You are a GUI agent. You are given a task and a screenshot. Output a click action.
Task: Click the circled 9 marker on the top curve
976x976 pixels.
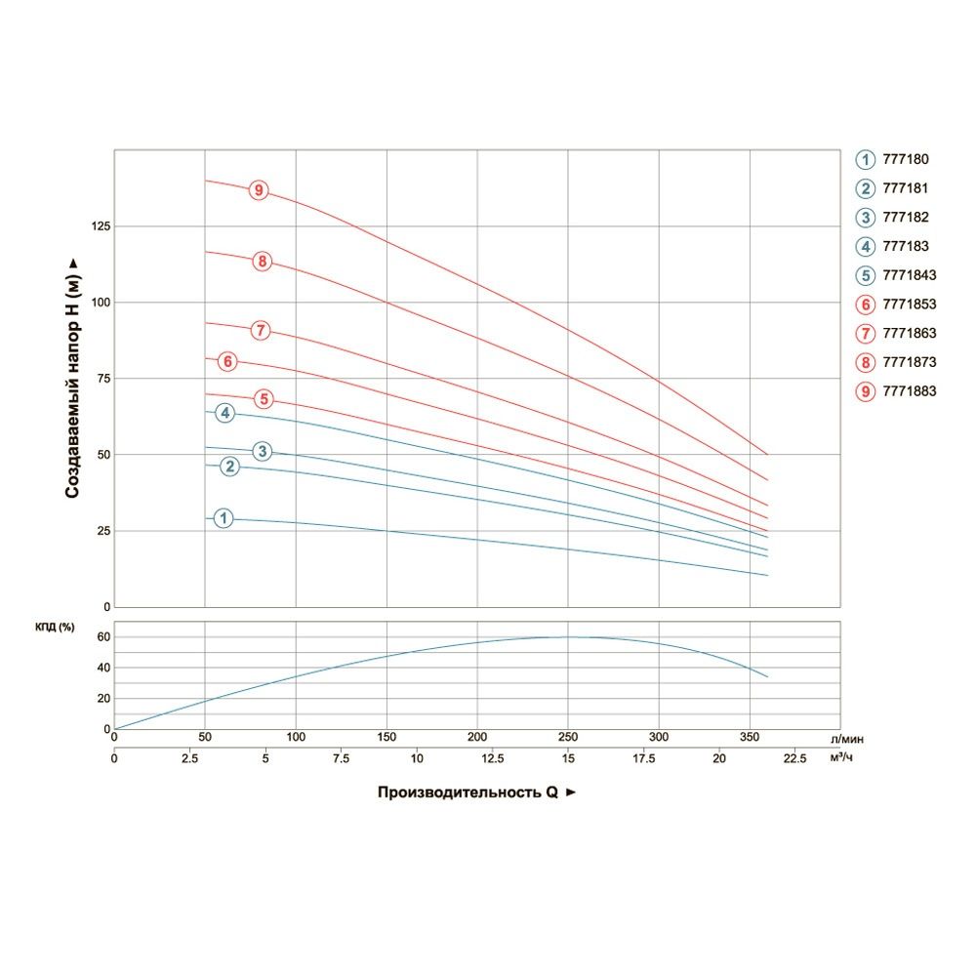click(x=259, y=190)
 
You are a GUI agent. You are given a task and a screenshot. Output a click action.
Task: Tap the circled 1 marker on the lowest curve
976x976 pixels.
click(x=224, y=518)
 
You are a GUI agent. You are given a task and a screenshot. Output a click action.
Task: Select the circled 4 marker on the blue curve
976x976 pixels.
click(x=225, y=414)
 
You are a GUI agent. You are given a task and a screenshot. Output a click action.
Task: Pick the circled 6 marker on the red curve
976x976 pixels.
click(x=227, y=362)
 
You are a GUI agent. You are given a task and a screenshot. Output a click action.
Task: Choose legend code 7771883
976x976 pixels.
click(x=909, y=391)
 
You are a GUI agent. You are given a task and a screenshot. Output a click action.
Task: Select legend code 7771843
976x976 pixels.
click(x=909, y=275)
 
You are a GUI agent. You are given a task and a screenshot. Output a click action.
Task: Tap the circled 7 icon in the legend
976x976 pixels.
click(x=866, y=334)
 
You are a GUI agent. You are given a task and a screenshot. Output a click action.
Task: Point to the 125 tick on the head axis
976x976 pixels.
click(x=99, y=226)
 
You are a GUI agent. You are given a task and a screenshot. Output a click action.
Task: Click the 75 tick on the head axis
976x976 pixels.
click(x=102, y=379)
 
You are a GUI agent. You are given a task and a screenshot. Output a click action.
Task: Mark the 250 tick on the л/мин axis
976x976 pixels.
click(x=568, y=738)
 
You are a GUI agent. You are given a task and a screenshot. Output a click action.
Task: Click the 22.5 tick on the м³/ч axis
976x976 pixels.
click(x=794, y=757)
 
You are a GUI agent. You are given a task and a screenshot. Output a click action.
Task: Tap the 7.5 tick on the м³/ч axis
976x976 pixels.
click(x=342, y=757)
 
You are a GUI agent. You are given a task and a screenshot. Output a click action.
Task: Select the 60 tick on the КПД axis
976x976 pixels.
click(x=104, y=637)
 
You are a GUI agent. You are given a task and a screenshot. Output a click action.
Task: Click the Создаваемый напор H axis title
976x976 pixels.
click(x=72, y=379)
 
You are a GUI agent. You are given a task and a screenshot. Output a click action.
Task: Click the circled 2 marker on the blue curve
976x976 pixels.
click(x=230, y=467)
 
